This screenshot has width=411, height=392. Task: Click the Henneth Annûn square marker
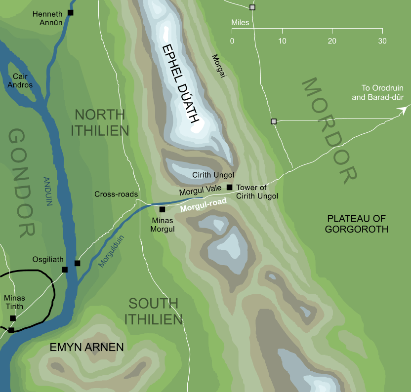coord(70,12)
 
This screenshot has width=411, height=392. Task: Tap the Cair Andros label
coord(23,81)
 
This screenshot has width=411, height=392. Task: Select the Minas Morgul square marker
coord(162,209)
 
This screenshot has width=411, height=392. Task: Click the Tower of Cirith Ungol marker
coord(229,187)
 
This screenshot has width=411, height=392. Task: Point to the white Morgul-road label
coord(203,205)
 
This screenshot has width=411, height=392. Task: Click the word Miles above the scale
coord(240,23)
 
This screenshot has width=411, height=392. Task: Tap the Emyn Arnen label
coord(86,348)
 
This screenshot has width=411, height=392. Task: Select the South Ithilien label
coord(153,311)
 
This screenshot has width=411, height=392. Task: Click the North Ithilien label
coord(100,122)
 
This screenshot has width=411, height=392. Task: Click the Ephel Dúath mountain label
coord(181,84)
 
